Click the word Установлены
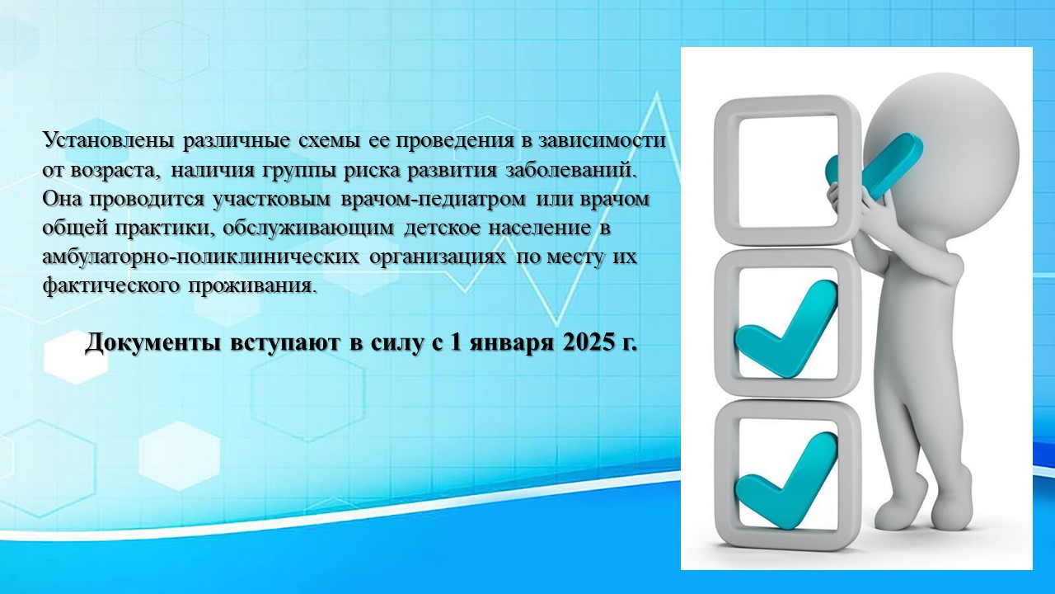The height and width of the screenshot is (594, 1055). coord(108,140)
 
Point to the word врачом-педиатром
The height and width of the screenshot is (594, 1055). coord(433,200)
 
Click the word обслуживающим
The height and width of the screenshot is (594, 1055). coord(308,229)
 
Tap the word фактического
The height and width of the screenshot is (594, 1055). coord(111,285)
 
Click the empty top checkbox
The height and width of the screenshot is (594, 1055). coord(787,171)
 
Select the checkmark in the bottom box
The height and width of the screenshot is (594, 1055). coord(786,481)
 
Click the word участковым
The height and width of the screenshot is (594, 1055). coord(272,200)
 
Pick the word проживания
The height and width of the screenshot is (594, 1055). coord(251,286)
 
